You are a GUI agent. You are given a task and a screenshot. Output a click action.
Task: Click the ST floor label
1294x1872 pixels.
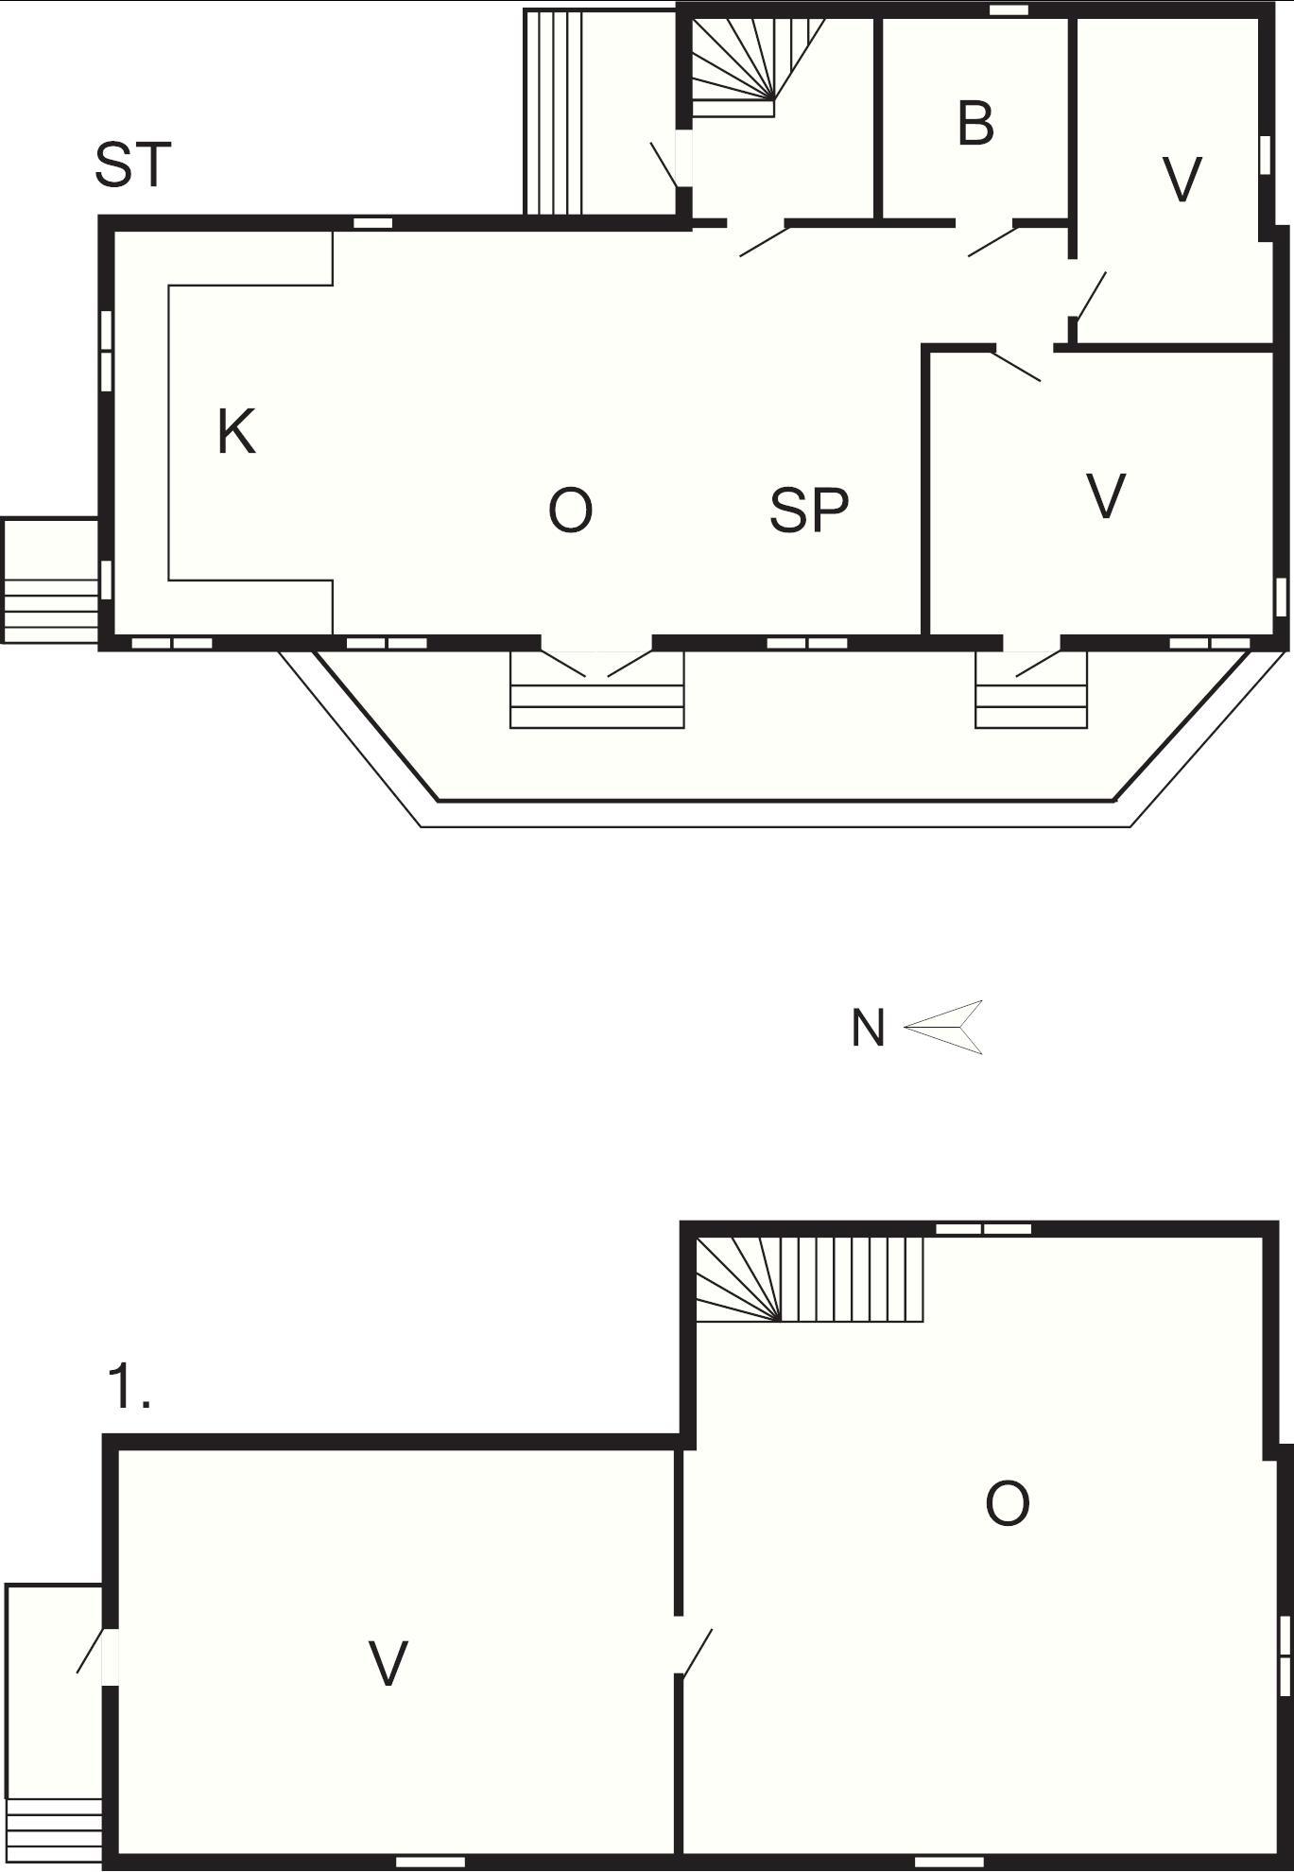[x=133, y=165]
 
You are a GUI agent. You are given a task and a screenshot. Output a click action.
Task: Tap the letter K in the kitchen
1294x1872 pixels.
[x=236, y=432]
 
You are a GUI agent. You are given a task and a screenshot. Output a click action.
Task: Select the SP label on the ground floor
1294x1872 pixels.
[x=809, y=511]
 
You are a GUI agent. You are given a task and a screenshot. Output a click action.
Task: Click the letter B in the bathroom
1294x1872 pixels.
[x=975, y=123]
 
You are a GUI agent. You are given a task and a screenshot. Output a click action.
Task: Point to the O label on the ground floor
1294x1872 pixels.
[x=570, y=511]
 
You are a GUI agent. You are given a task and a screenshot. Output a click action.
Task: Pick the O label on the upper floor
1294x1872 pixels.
[x=1007, y=1503]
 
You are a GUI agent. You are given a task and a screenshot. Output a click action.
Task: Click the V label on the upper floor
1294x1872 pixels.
[x=388, y=1663]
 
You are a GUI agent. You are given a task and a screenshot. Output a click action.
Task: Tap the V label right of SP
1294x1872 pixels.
[x=1106, y=496]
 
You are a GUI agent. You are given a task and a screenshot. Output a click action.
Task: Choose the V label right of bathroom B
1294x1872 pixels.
[x=1182, y=179]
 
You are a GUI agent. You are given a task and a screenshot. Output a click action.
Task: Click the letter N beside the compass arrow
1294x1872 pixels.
[x=868, y=1028]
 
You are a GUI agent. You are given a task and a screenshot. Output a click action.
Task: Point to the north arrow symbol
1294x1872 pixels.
[x=943, y=1027]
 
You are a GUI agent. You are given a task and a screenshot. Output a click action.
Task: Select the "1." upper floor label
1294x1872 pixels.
[x=129, y=1387]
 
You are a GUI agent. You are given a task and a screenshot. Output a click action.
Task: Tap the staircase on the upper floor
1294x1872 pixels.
[x=809, y=1279]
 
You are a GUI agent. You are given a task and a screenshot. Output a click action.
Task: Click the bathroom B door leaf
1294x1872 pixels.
[x=992, y=240]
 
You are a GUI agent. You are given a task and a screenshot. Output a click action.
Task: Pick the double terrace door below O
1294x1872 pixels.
[x=596, y=662]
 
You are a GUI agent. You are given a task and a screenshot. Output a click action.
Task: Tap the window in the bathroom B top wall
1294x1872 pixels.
[x=1009, y=10]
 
